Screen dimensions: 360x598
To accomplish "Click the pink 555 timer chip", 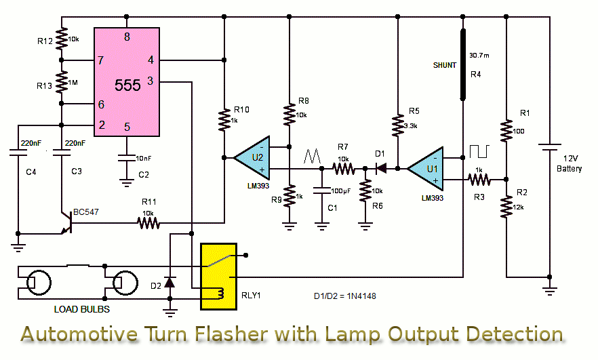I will click(x=127, y=82).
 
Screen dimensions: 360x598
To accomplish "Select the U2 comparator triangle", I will click(x=252, y=157).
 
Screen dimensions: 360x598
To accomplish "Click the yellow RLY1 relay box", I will click(x=218, y=276).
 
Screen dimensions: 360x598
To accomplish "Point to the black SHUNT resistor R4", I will click(x=464, y=64).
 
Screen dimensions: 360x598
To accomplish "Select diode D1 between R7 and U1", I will click(x=381, y=167).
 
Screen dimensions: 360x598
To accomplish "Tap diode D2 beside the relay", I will click(x=170, y=281).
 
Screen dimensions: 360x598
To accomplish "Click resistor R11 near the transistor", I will click(x=147, y=221).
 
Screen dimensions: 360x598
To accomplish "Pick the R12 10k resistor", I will click(x=62, y=39).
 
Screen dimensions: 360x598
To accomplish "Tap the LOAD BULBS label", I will click(x=82, y=309).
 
